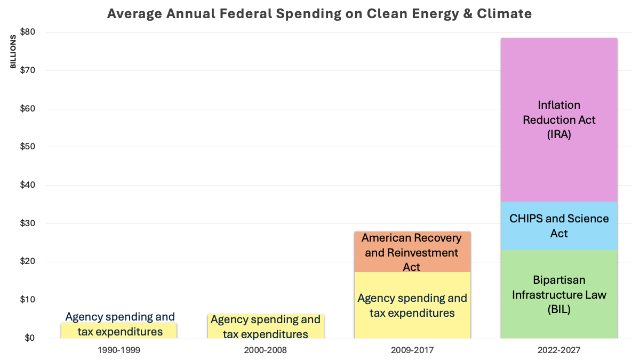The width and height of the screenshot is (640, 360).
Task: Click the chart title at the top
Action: click(x=319, y=14)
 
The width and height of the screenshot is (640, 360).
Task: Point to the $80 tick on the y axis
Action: click(x=27, y=32)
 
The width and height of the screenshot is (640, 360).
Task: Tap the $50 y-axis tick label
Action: click(x=27, y=147)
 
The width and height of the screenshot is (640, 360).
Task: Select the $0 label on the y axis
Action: click(x=29, y=338)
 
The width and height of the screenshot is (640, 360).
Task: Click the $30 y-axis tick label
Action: click(x=27, y=223)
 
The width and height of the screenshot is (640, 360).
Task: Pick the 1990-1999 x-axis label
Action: click(x=119, y=350)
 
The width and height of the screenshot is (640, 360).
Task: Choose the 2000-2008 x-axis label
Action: click(x=265, y=350)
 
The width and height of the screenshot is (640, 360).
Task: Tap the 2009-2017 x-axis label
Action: click(x=412, y=350)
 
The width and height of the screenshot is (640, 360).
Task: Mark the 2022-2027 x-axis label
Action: click(x=558, y=350)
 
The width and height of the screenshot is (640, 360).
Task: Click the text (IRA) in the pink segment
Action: click(x=558, y=135)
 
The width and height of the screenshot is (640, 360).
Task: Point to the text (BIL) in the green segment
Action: click(x=558, y=309)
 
